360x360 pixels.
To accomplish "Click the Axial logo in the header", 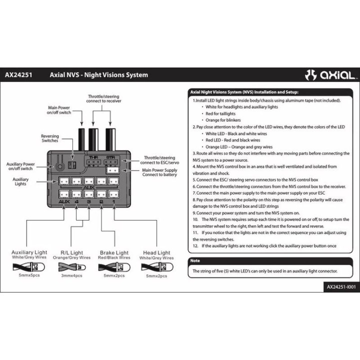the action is [x=331, y=75].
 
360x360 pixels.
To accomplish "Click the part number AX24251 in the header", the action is [x=18, y=75].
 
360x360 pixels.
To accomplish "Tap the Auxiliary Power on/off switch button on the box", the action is [x=60, y=166].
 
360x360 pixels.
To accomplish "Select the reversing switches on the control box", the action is [x=72, y=165].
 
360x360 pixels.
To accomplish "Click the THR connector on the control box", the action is [x=93, y=162].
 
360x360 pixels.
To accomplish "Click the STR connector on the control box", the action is [x=111, y=162].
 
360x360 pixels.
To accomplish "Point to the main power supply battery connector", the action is [x=112, y=170].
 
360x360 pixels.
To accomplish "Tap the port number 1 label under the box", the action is [x=113, y=201].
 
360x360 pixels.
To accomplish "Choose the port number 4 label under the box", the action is [x=76, y=201].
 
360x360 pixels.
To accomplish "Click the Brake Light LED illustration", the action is [x=114, y=267].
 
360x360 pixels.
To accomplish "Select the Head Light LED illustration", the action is [x=157, y=267].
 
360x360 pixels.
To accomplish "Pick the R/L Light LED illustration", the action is [x=72, y=267].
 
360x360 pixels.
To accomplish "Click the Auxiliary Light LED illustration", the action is [x=29, y=267].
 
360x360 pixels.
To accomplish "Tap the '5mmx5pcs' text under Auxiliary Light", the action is [x=29, y=275].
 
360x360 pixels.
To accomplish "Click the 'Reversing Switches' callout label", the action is [x=50, y=138].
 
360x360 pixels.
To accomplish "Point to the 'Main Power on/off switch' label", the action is [x=59, y=110].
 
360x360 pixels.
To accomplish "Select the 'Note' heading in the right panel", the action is [x=195, y=260].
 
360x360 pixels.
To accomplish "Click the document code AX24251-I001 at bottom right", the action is [x=341, y=287].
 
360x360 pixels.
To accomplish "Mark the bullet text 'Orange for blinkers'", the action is [x=223, y=120].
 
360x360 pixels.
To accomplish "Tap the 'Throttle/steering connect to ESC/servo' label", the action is [x=159, y=160].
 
